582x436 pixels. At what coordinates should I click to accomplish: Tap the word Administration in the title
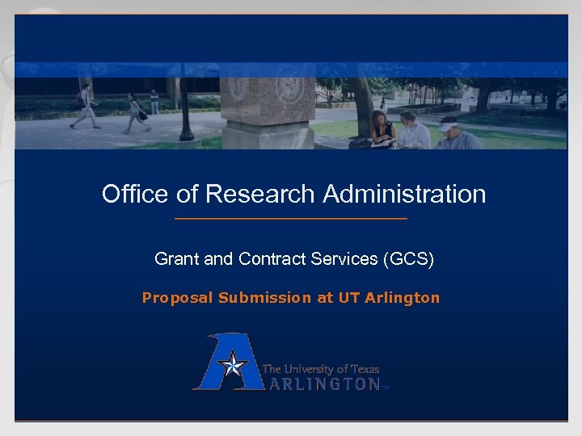tap(404, 195)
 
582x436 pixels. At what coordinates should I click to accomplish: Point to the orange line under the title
tap(291, 219)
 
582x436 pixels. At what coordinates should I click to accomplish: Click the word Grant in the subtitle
tap(177, 259)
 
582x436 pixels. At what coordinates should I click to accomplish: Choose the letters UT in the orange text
tap(348, 298)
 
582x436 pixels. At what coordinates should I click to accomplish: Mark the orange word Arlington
tap(403, 298)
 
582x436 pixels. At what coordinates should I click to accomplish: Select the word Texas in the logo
tap(363, 369)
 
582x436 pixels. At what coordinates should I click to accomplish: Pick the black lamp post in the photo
tap(185, 113)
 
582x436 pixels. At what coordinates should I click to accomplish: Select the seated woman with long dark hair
tap(382, 129)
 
